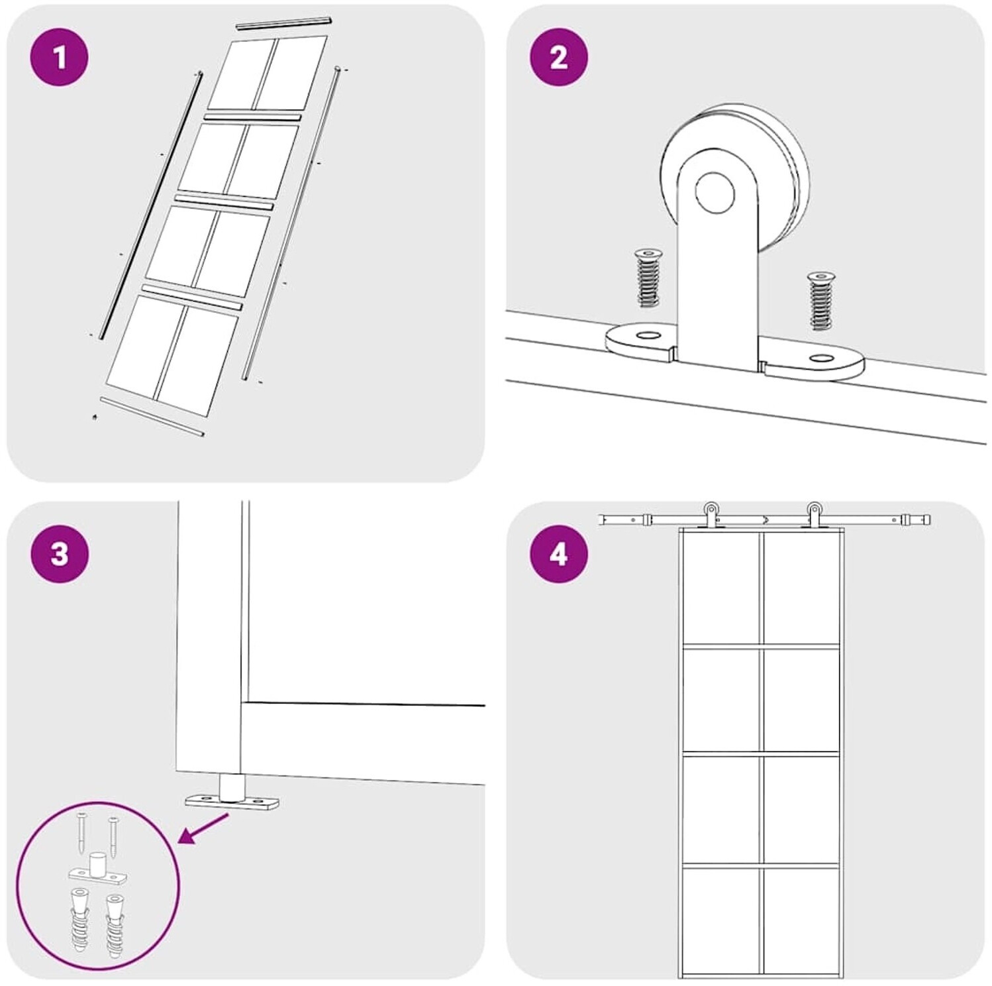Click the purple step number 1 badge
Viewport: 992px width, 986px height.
(x=60, y=57)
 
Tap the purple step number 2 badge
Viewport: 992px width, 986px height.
(x=559, y=57)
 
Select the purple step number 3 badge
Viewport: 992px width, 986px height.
(x=60, y=553)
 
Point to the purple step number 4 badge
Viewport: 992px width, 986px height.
(x=559, y=553)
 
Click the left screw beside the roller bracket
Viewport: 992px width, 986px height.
(x=648, y=277)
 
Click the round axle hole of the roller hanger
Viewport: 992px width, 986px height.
(x=715, y=192)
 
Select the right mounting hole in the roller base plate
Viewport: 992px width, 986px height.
(x=822, y=358)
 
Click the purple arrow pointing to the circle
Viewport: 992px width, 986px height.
(x=205, y=829)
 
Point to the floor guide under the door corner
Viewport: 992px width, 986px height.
(x=232, y=794)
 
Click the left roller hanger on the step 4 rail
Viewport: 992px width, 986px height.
(x=711, y=516)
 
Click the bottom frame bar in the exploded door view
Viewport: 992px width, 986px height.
(x=152, y=417)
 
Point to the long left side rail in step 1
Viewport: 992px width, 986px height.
(x=150, y=206)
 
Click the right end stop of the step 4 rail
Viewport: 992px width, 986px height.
(x=924, y=519)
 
